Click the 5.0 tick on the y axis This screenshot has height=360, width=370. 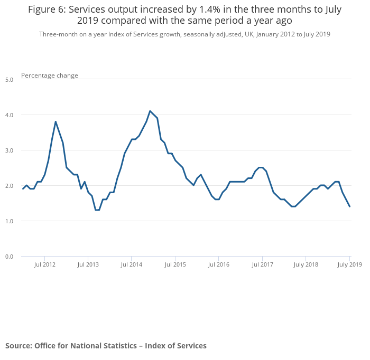click(x=10, y=80)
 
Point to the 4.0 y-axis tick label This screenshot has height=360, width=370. click(x=10, y=115)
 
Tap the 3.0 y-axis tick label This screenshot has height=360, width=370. click(x=10, y=150)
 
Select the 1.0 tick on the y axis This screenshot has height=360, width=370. click(x=10, y=221)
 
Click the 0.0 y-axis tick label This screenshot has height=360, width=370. click(x=10, y=257)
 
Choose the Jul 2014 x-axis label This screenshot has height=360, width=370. click(x=132, y=264)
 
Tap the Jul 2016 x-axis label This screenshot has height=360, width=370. click(x=219, y=264)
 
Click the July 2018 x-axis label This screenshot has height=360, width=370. click(x=306, y=264)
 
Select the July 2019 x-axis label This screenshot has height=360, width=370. click(x=349, y=264)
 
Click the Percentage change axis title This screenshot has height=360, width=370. click(x=50, y=75)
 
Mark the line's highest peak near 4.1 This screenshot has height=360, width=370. click(x=150, y=111)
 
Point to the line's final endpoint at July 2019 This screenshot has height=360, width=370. click(x=349, y=206)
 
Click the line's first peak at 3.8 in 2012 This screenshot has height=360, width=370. click(x=55, y=121)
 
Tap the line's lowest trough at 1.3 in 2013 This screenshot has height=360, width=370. click(x=97, y=210)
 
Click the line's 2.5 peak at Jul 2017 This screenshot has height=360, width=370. click(x=261, y=167)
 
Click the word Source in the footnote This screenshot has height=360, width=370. click(x=18, y=346)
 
